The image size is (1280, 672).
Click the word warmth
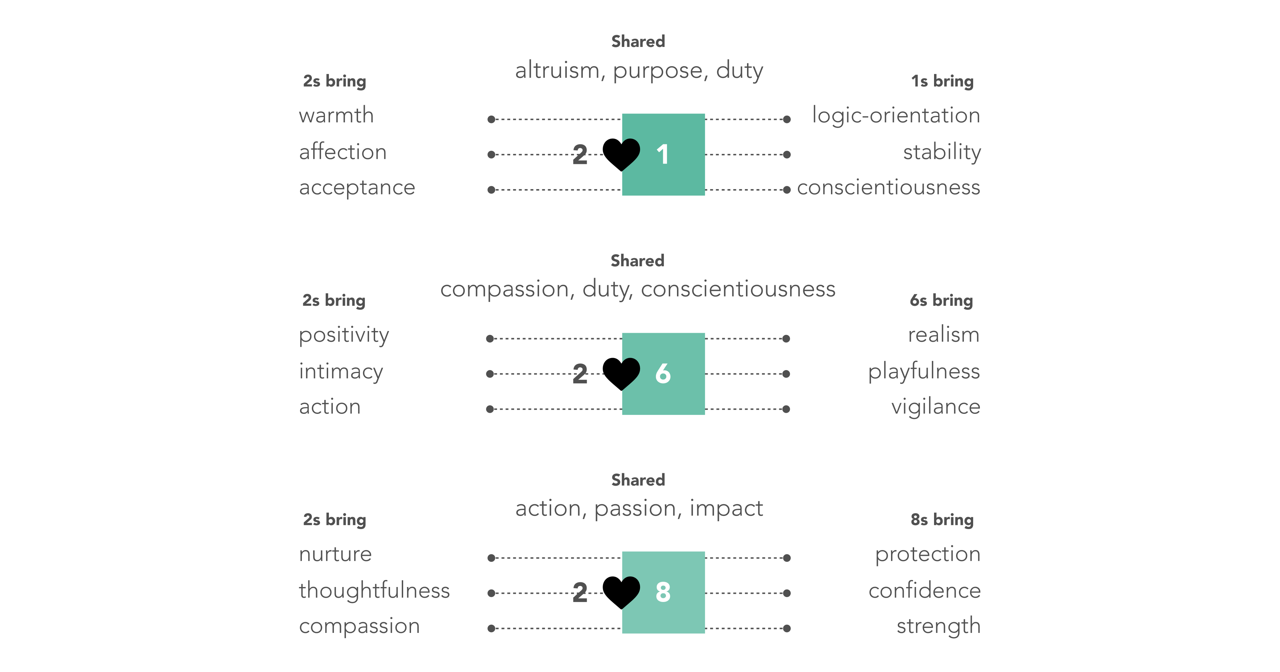click(x=336, y=115)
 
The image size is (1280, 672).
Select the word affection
click(x=342, y=151)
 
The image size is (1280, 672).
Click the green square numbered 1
click(x=663, y=155)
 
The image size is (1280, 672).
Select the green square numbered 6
click(x=663, y=374)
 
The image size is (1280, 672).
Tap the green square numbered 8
click(x=663, y=592)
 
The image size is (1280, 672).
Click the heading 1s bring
click(x=942, y=81)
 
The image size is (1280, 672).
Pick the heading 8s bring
click(x=942, y=520)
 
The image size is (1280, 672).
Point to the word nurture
click(x=335, y=555)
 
